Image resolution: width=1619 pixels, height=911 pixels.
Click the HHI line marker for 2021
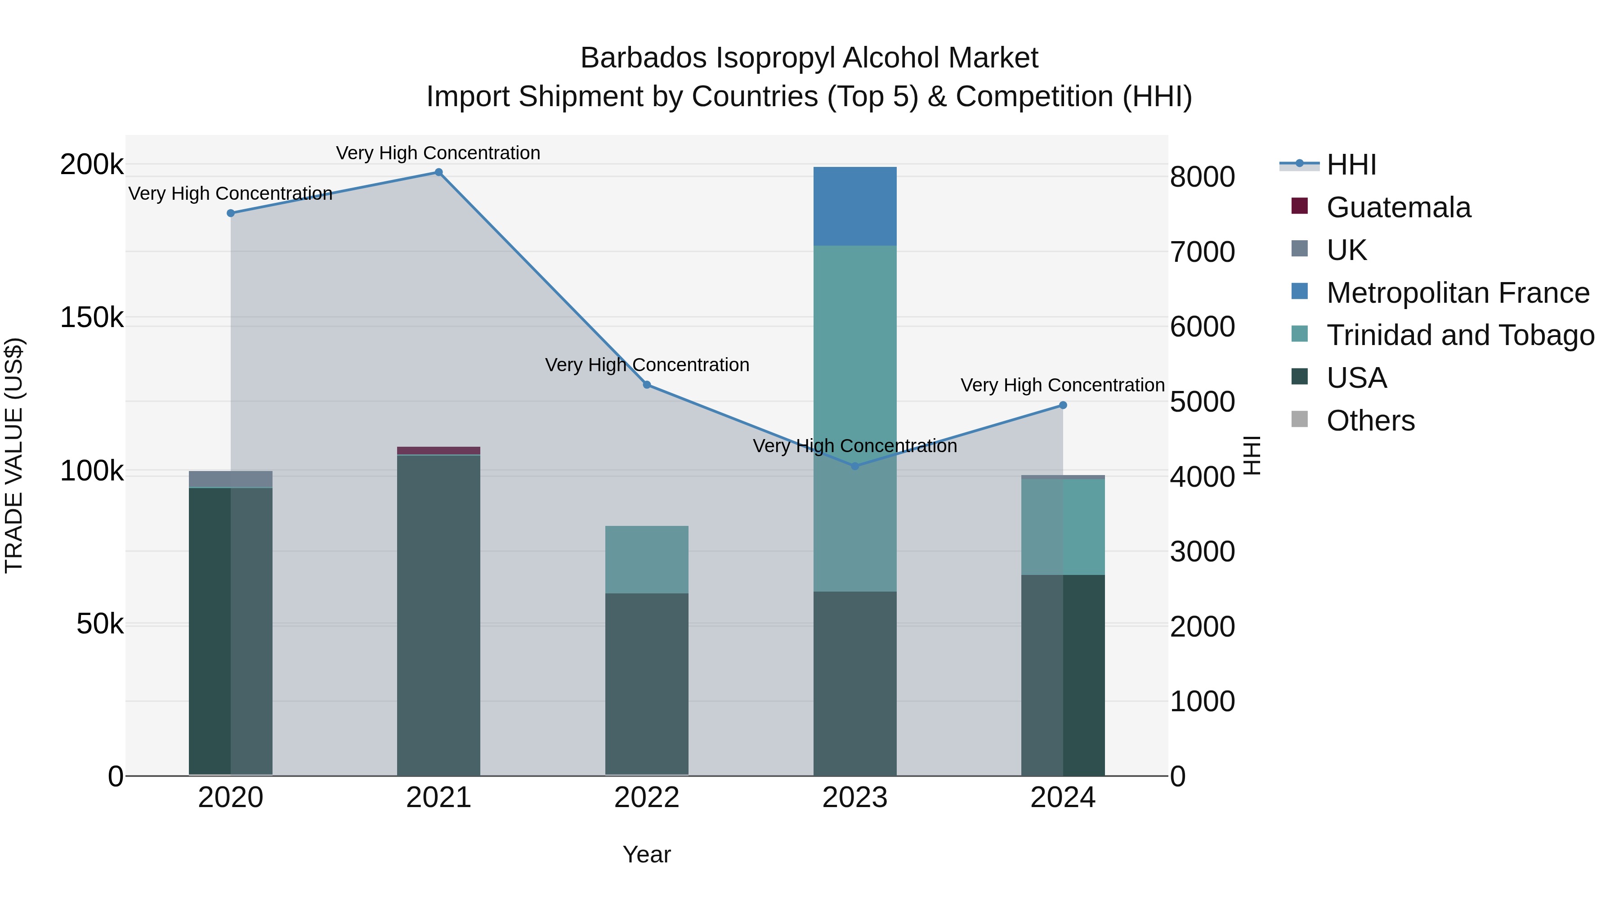(438, 172)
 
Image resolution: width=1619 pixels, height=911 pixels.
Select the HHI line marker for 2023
(855, 467)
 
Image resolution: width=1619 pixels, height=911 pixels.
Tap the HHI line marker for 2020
(231, 213)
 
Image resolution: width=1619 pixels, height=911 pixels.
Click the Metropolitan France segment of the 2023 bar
(855, 206)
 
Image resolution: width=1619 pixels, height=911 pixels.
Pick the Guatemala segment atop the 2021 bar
(438, 451)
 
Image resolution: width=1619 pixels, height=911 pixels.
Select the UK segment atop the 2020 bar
(231, 479)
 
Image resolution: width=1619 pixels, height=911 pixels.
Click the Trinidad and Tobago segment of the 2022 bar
(647, 560)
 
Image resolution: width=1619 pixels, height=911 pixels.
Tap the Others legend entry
(1370, 421)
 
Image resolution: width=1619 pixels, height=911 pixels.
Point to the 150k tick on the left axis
(92, 318)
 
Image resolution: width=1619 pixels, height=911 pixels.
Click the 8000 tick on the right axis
(1202, 177)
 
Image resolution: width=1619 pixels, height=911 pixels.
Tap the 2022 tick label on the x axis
(647, 798)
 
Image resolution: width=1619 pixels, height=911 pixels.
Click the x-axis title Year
(647, 854)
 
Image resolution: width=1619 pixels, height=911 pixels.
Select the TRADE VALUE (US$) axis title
(14, 455)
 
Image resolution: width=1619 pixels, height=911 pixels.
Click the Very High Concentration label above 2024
(1062, 385)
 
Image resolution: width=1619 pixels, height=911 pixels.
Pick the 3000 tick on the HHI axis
(1202, 552)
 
